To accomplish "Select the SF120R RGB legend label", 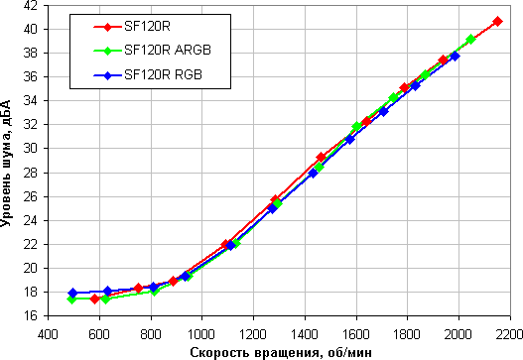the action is pyautogui.click(x=163, y=74).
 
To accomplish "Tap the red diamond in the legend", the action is pyautogui.click(x=107, y=27).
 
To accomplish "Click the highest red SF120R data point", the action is pyautogui.click(x=497, y=22).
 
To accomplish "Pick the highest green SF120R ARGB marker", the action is pyautogui.click(x=470, y=39).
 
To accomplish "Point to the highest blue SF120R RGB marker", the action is pyautogui.click(x=455, y=56).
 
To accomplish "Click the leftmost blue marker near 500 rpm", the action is pyautogui.click(x=72, y=293).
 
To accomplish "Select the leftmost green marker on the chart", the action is pyautogui.click(x=71, y=299).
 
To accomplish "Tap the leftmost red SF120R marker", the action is pyautogui.click(x=94, y=299).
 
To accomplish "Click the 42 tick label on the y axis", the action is pyautogui.click(x=31, y=6).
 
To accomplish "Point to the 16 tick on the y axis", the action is pyautogui.click(x=31, y=315).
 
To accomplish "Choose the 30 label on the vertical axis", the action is pyautogui.click(x=31, y=149).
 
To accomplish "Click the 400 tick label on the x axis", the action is pyautogui.click(x=48, y=334).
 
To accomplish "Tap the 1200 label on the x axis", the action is pyautogui.click(x=253, y=334).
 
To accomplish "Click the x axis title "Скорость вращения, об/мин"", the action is pyautogui.click(x=281, y=352).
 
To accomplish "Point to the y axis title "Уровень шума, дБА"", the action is pyautogui.click(x=6, y=164).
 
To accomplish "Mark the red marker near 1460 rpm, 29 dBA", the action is pyautogui.click(x=322, y=157).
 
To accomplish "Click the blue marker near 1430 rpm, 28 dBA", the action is pyautogui.click(x=313, y=173).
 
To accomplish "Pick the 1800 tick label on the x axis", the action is pyautogui.click(x=407, y=334).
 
